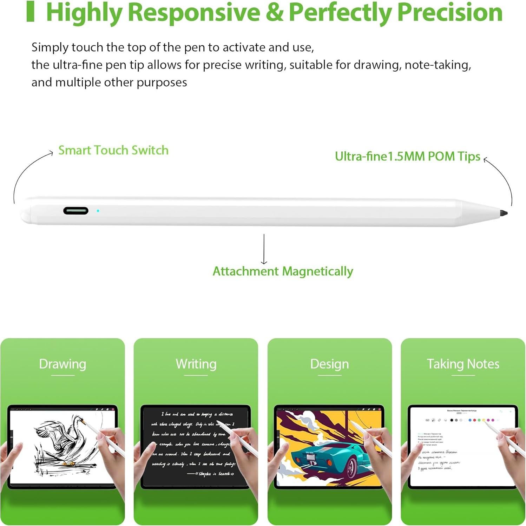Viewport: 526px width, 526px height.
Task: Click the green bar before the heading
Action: click(31, 12)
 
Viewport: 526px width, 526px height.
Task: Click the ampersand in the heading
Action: click(275, 12)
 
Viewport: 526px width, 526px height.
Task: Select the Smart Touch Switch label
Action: click(113, 150)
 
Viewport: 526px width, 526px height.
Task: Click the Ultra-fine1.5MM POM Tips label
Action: click(407, 156)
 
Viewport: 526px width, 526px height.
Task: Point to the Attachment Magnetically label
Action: click(283, 271)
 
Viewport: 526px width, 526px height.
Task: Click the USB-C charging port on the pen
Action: click(76, 211)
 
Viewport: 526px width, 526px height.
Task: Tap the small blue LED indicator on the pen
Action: click(98, 211)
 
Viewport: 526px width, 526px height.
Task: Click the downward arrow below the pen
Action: click(264, 249)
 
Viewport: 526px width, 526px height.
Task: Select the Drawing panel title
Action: click(63, 364)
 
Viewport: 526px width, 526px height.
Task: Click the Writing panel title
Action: click(196, 364)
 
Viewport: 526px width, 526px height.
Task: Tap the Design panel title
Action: click(329, 364)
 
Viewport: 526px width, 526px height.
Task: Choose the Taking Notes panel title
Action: click(463, 364)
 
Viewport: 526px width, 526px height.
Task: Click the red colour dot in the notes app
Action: click(474, 420)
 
